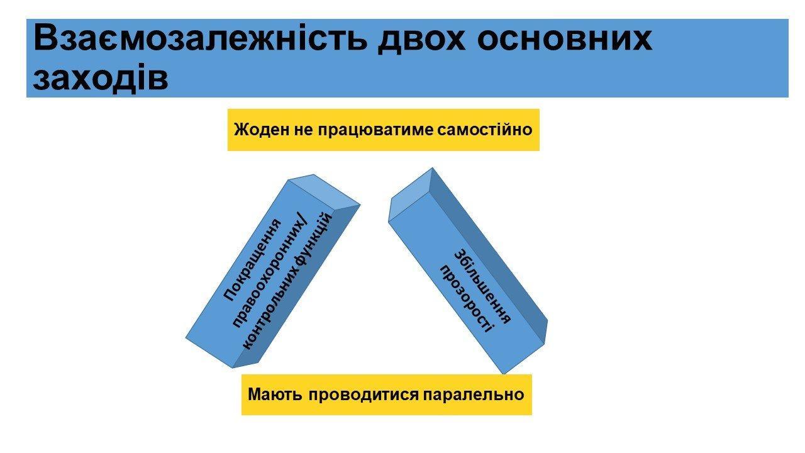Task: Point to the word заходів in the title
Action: (100, 77)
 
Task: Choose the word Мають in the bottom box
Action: (275, 394)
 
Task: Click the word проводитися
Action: (364, 395)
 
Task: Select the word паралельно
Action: (474, 394)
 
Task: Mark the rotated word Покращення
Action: (252, 260)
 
